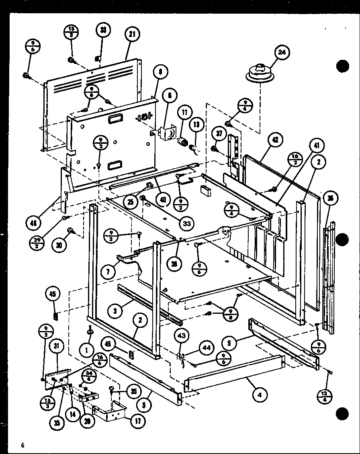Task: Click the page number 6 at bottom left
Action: [x=23, y=445]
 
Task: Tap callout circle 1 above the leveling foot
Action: [x=86, y=350]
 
